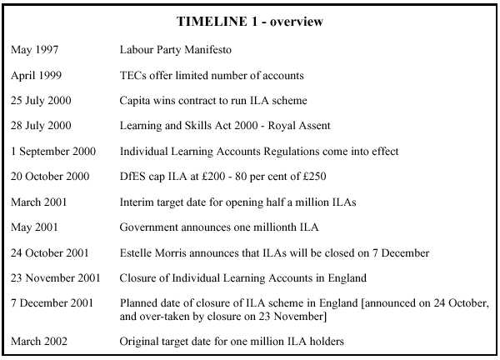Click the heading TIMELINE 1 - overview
point(250,22)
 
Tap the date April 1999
point(36,76)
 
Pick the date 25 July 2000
point(41,101)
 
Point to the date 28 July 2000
point(41,126)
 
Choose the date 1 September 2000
point(52,152)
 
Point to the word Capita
point(137,101)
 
